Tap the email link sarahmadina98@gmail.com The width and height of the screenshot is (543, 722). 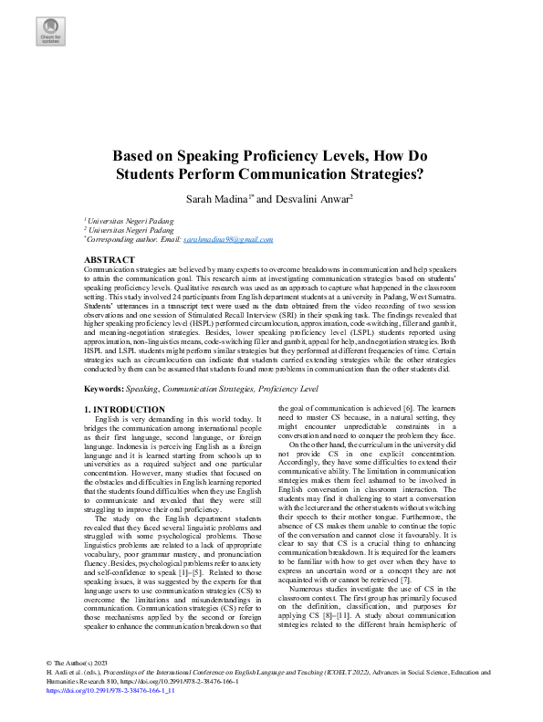point(228,239)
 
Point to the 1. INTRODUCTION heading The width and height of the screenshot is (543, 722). point(124,410)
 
